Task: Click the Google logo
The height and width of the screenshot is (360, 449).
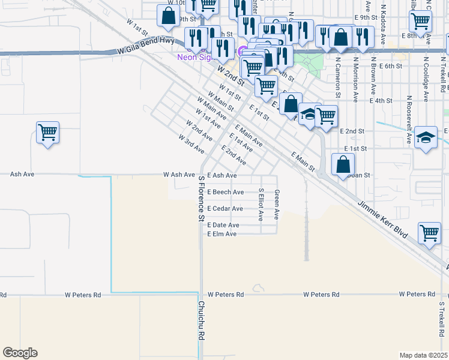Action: click(20, 353)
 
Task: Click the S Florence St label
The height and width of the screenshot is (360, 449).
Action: click(201, 197)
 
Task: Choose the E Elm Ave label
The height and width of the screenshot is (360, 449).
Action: click(222, 234)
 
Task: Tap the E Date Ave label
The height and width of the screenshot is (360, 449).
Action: click(223, 225)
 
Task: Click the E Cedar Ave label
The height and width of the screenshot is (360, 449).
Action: click(225, 209)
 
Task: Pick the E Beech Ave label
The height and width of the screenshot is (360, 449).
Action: click(225, 192)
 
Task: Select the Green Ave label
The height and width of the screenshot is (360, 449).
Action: click(277, 205)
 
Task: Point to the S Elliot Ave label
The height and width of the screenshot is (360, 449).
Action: click(261, 205)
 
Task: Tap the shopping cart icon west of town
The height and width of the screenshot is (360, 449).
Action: click(47, 132)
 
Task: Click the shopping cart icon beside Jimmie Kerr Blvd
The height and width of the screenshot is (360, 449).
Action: click(430, 233)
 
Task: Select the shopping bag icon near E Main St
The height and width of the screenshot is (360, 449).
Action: click(343, 163)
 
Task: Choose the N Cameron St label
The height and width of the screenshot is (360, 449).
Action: click(338, 77)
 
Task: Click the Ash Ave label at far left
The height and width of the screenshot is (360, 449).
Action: click(23, 175)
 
